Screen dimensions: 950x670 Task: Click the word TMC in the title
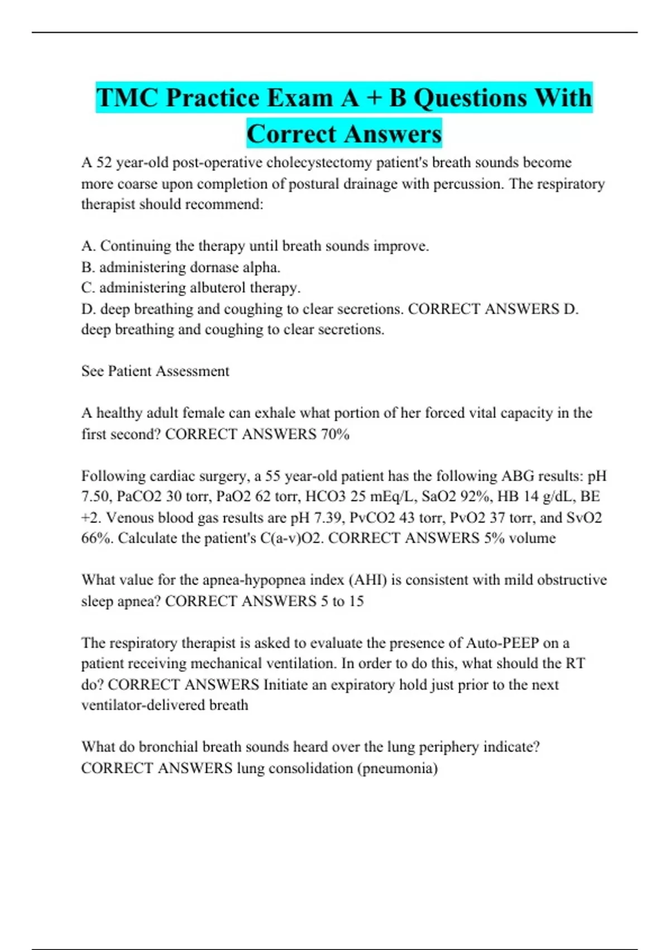click(127, 98)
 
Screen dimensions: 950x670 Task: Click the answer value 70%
click(335, 434)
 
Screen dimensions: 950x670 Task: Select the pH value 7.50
click(97, 497)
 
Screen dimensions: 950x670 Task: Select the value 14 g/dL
click(548, 497)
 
